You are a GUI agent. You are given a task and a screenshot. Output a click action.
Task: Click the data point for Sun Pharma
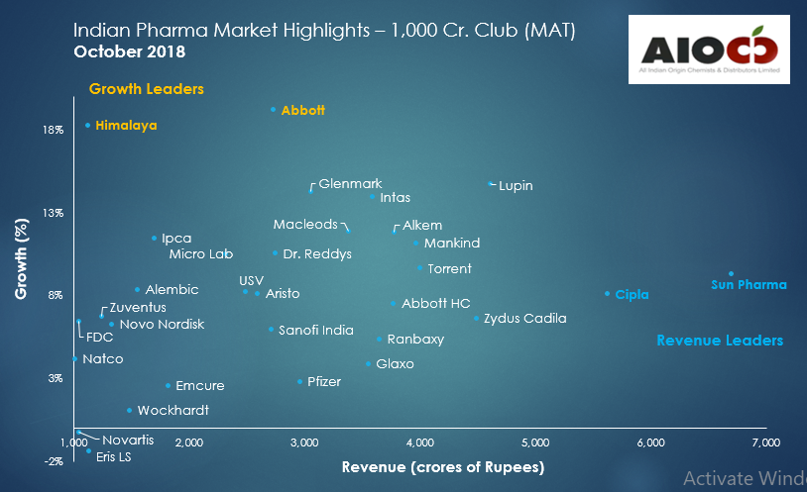[731, 274]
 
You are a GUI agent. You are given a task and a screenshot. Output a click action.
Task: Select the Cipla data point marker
[607, 294]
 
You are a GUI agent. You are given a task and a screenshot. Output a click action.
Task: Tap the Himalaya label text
[126, 126]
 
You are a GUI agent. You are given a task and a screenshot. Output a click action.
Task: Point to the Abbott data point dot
[273, 110]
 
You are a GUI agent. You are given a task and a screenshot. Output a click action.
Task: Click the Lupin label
[516, 185]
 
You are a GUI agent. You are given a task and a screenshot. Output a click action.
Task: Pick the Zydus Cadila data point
[476, 319]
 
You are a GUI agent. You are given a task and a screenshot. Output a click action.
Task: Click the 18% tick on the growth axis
[53, 130]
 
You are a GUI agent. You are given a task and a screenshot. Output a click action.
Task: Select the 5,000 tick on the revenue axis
[535, 442]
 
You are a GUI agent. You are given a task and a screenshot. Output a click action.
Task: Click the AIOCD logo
[709, 50]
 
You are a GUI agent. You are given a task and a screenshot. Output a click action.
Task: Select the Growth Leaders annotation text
[146, 89]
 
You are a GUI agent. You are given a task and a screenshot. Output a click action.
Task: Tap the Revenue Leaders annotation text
[720, 341]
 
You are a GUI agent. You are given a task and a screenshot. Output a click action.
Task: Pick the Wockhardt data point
[129, 410]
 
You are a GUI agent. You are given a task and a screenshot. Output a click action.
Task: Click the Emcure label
[199, 386]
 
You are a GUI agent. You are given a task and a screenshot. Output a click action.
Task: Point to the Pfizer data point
[299, 382]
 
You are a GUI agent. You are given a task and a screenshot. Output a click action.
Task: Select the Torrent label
[449, 269]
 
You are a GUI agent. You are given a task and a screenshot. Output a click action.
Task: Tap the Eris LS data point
[88, 451]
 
